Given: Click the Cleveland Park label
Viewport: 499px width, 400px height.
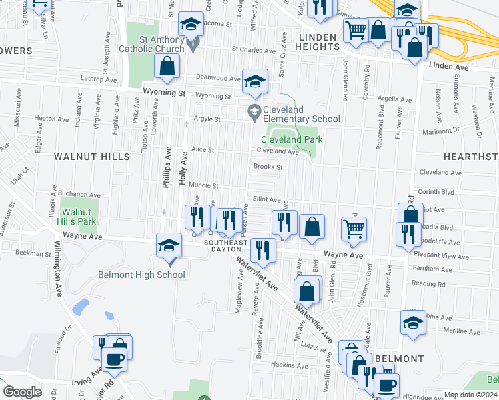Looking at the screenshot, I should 292,139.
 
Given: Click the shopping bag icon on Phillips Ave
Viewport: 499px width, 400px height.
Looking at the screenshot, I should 167,66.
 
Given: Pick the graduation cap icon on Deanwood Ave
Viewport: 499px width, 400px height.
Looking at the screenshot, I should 254,81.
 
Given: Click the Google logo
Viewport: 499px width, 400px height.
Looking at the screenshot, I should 22,391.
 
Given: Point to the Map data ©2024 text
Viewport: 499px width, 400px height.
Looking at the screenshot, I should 470,395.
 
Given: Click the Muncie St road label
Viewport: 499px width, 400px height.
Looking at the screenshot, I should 203,185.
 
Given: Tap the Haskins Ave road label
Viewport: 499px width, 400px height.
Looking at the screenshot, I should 289,365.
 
